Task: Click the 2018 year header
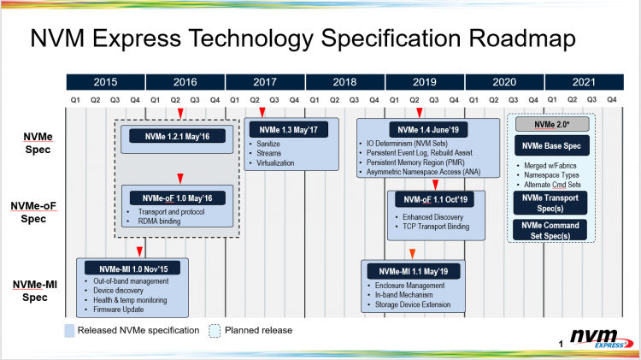[344, 82]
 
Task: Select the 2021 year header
[585, 82]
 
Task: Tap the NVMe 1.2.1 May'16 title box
[177, 136]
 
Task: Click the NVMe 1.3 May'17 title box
[289, 130]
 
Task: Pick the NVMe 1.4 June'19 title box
[428, 130]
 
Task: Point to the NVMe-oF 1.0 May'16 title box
[178, 198]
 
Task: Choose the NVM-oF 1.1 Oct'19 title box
[435, 199]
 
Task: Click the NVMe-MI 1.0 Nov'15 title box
[132, 269]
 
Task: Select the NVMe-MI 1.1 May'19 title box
[414, 271]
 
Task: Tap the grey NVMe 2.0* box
[552, 124]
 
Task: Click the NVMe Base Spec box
[551, 145]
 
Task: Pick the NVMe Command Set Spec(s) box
[550, 230]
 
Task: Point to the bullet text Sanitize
[268, 144]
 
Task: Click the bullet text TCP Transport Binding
[436, 227]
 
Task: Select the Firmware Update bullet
[118, 310]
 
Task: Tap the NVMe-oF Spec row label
[33, 212]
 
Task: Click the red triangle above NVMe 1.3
[262, 113]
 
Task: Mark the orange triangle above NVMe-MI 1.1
[413, 254]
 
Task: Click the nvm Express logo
[602, 339]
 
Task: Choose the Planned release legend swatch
[215, 331]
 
